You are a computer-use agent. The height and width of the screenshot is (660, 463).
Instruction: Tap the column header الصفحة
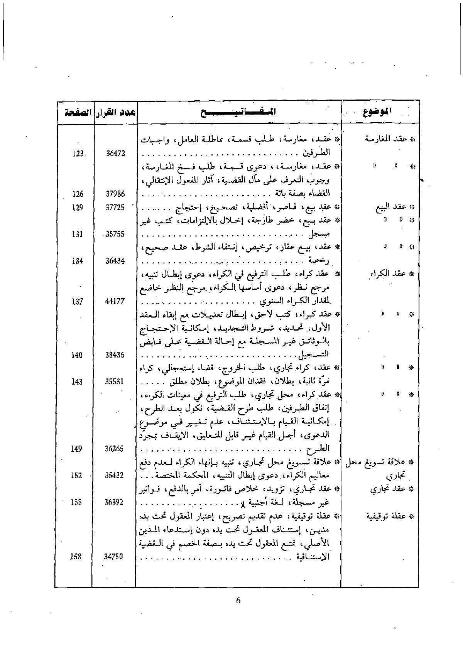(75, 112)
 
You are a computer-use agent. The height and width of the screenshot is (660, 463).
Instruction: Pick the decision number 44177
(115, 301)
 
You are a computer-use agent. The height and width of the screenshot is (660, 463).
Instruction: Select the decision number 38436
(115, 355)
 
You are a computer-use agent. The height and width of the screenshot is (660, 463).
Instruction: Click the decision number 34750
(115, 557)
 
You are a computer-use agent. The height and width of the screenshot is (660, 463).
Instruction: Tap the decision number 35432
(115, 476)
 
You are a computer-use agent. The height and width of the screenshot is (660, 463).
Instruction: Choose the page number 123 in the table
(78, 154)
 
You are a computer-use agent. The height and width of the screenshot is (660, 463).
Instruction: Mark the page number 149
(77, 449)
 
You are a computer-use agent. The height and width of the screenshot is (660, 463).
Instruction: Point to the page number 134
(77, 261)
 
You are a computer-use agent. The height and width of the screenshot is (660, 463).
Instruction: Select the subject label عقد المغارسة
(390, 139)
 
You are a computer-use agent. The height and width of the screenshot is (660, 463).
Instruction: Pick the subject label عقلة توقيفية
(390, 517)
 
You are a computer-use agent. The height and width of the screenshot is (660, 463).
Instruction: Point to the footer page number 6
(238, 600)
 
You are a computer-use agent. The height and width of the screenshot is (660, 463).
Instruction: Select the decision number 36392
(115, 502)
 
